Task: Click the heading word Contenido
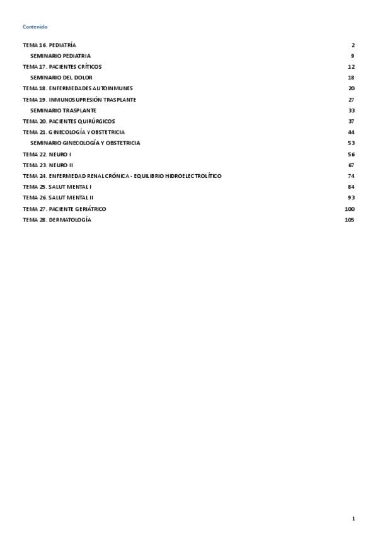click(x=35, y=26)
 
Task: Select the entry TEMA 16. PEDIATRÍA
click(x=49, y=45)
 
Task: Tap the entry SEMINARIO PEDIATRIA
click(x=64, y=56)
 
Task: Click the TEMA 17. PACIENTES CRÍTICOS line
click(x=62, y=67)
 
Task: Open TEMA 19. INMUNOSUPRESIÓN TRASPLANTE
click(x=79, y=100)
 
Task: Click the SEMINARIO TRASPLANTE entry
click(x=63, y=110)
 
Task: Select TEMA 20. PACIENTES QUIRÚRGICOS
click(x=69, y=121)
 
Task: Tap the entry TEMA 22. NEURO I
click(x=47, y=154)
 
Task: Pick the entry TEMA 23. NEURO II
click(x=48, y=165)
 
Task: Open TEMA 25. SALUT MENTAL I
click(x=57, y=187)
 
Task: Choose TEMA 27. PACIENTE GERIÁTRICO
click(x=64, y=208)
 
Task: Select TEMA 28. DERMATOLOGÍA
click(x=57, y=220)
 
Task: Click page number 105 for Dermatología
click(x=350, y=220)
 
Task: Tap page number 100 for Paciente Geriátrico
click(x=350, y=208)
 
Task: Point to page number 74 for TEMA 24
click(x=351, y=175)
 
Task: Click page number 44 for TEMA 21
click(x=351, y=132)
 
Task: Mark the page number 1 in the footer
click(x=353, y=519)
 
